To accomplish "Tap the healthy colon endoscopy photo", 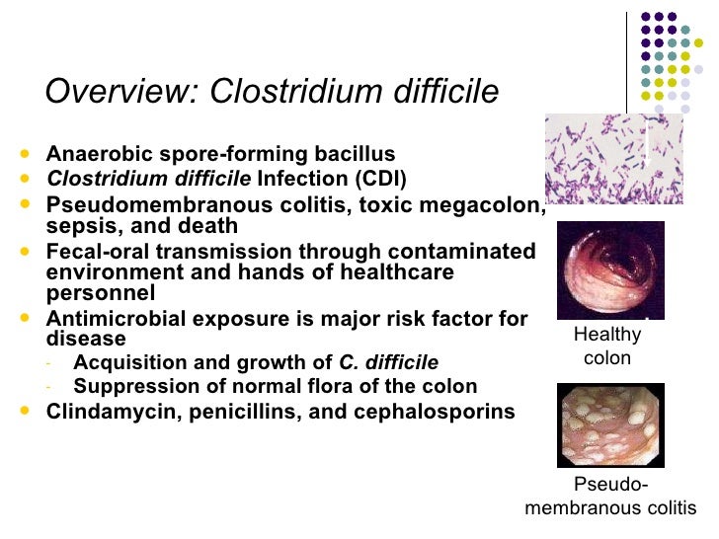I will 610,269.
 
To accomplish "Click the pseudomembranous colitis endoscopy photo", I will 610,425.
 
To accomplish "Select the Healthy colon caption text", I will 607,346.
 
